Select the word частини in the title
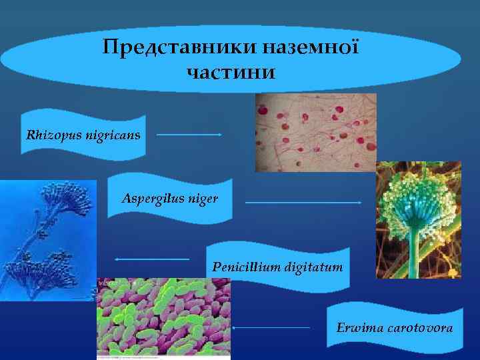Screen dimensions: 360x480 231,71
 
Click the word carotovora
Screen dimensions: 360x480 419,328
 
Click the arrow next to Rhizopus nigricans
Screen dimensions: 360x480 189,134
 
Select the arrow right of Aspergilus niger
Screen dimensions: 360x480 303,202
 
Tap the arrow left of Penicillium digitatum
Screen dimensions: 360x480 152,259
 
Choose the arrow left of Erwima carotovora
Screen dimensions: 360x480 271,327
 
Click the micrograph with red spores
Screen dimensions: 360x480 315,132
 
